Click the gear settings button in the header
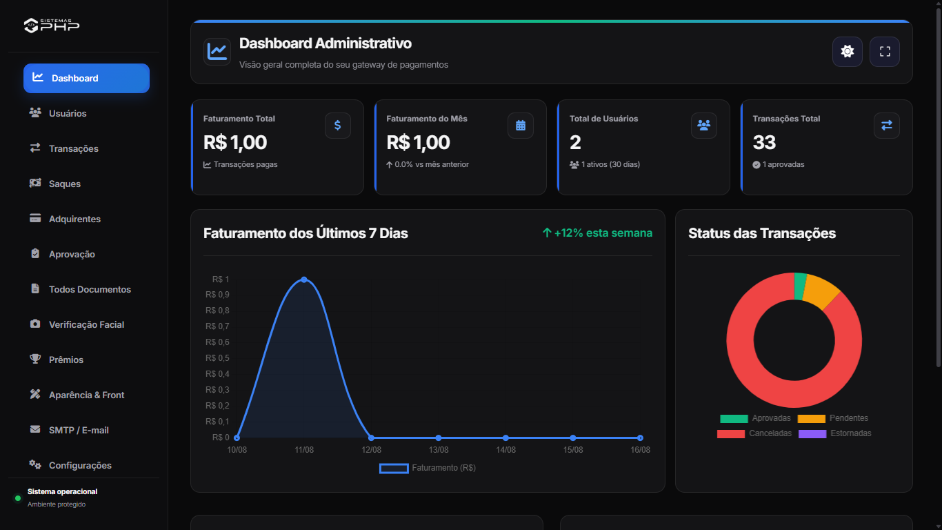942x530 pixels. click(847, 51)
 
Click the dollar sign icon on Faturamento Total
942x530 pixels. click(337, 126)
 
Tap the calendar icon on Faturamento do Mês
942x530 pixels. click(520, 126)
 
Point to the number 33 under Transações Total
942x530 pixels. click(763, 142)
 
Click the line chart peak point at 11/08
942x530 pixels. click(304, 279)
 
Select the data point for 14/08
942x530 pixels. click(505, 438)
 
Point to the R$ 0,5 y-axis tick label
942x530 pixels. click(217, 358)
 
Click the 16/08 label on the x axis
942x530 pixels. click(640, 449)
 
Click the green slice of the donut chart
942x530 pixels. click(800, 286)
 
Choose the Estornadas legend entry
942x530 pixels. click(834, 433)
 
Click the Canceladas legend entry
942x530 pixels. click(754, 433)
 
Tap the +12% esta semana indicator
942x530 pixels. click(597, 233)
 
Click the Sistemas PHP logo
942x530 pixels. click(51, 26)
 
